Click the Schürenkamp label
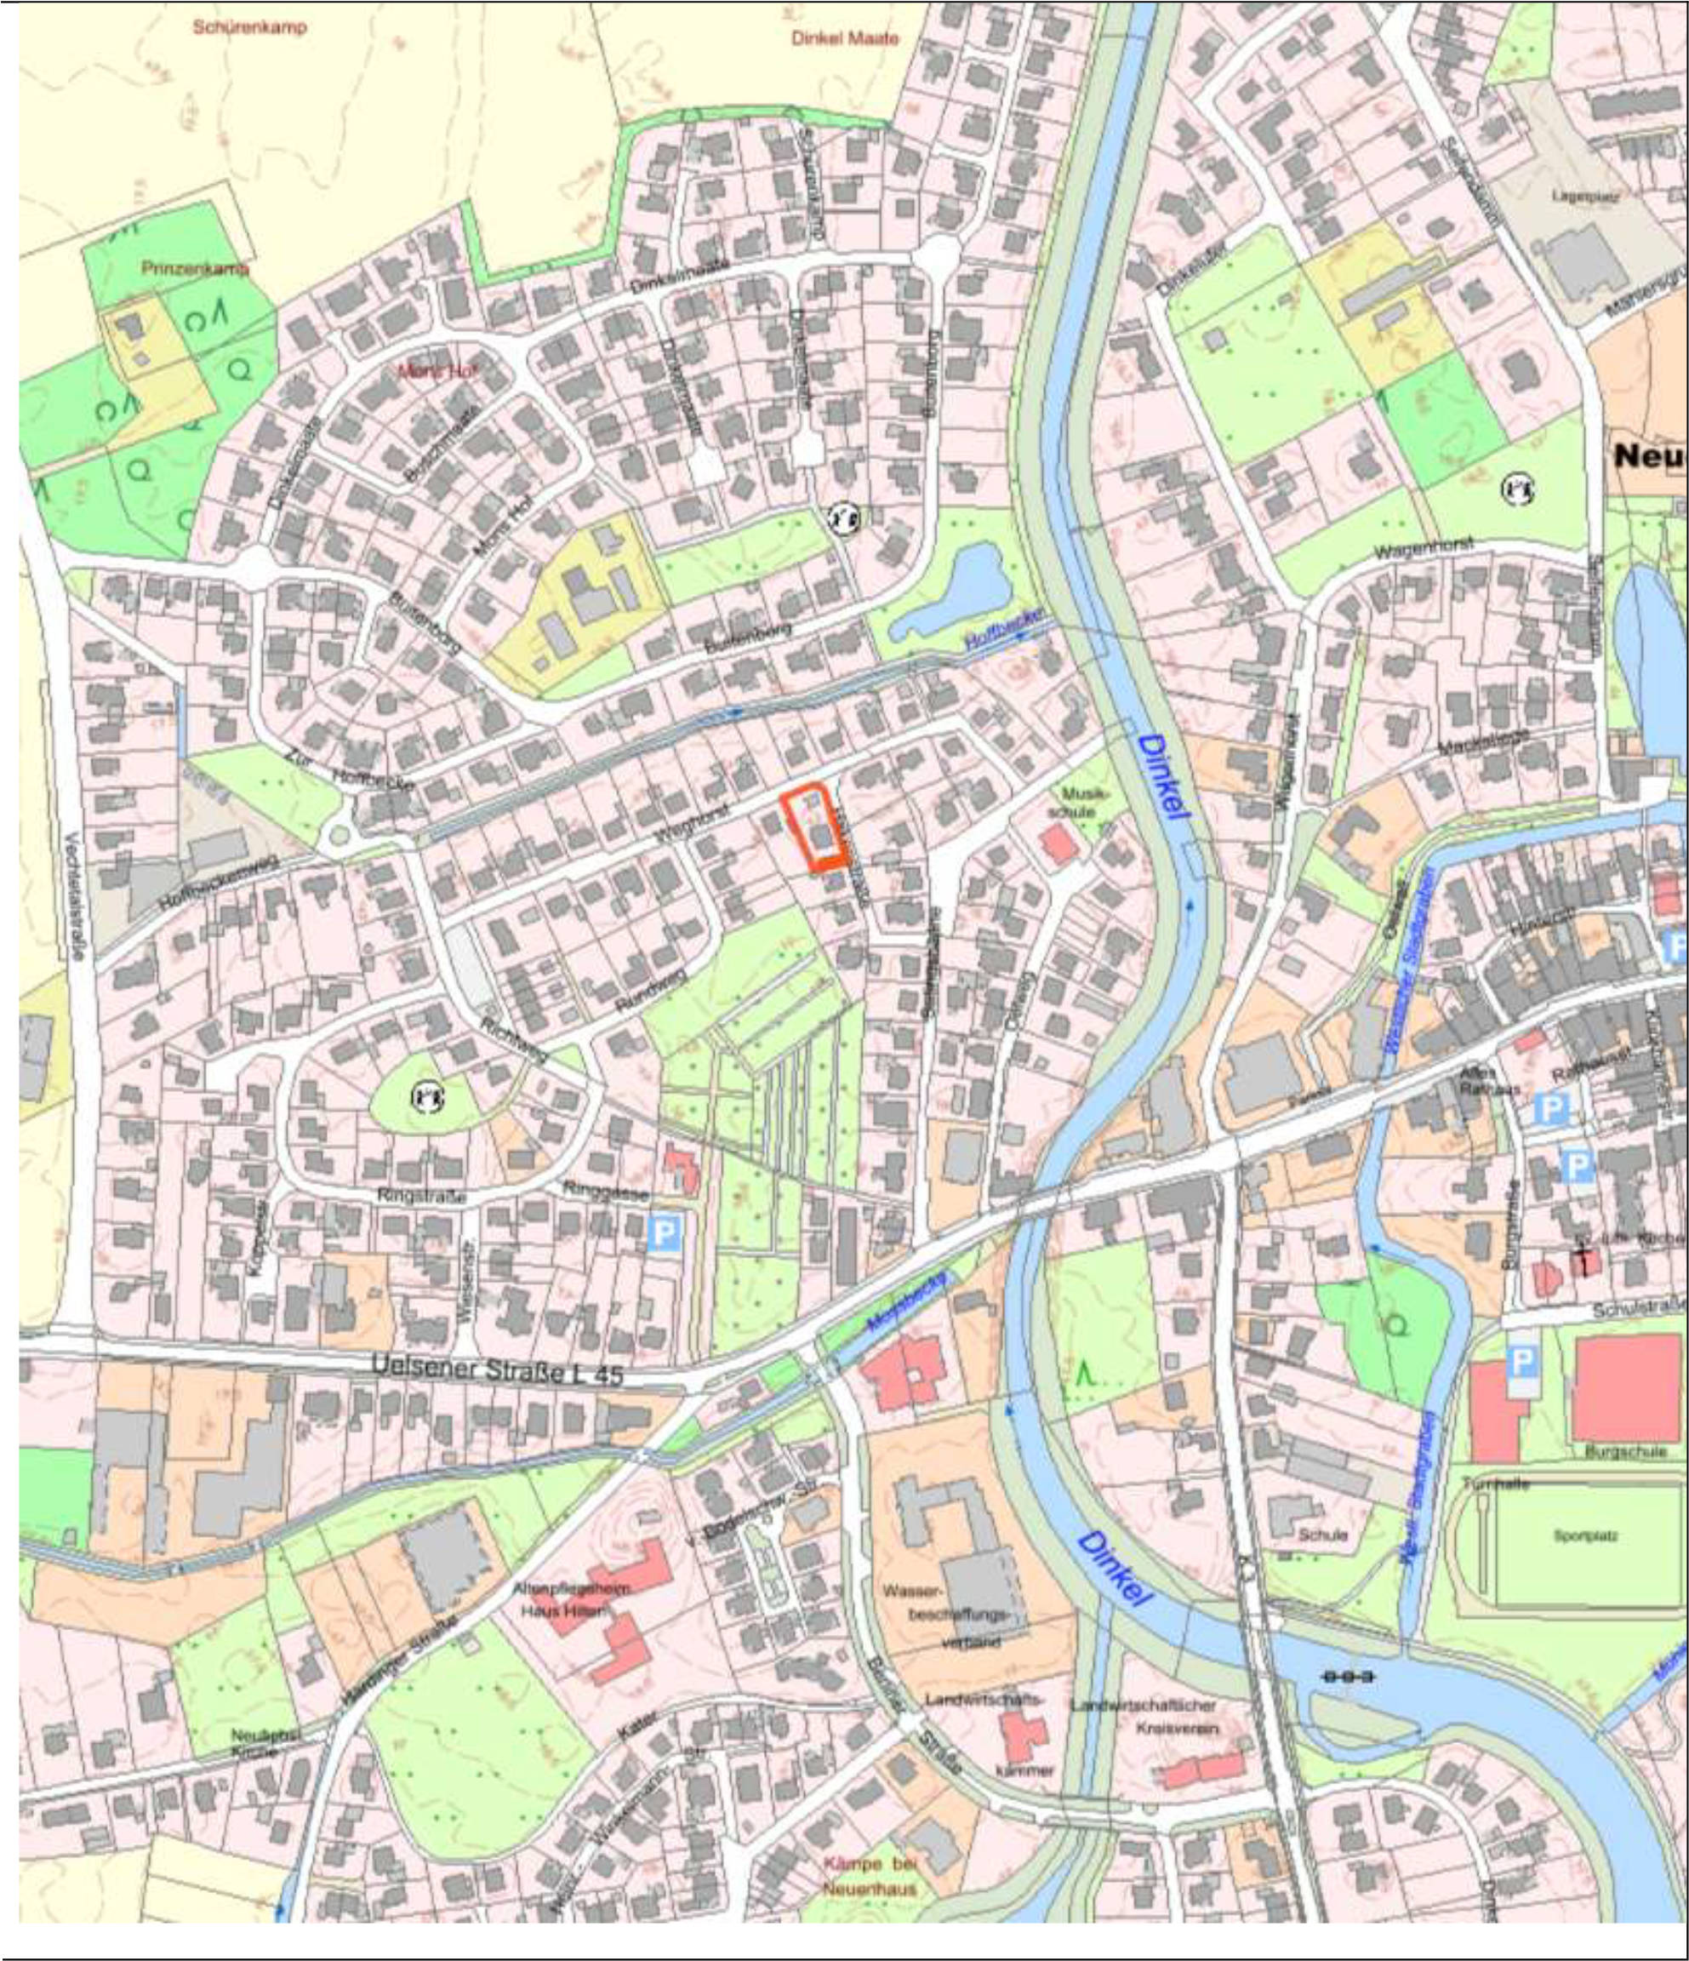(250, 27)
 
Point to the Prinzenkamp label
(194, 269)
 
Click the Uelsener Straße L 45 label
(498, 1369)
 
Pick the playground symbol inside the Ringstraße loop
(428, 1097)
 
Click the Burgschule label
(1624, 1451)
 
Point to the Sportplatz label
(1585, 1535)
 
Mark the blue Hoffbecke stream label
(1003, 629)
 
